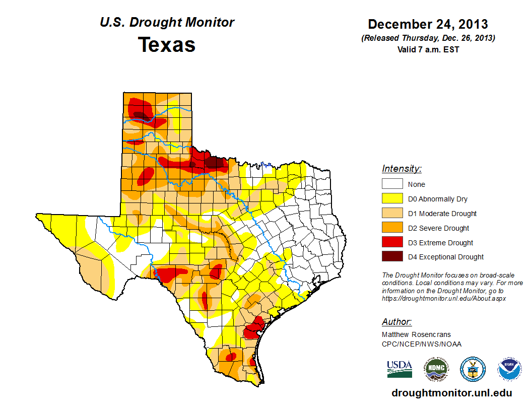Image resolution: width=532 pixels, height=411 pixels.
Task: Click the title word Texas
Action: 167,45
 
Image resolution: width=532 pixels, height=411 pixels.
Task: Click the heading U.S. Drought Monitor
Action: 167,23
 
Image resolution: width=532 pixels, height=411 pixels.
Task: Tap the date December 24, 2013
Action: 428,24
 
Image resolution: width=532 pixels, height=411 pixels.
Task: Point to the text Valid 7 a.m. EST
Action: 428,49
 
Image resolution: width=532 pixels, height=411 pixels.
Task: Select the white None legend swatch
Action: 392,184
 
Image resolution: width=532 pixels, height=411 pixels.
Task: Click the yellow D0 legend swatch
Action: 392,199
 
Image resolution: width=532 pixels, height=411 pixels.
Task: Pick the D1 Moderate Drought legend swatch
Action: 392,214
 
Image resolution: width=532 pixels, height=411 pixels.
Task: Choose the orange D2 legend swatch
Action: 392,228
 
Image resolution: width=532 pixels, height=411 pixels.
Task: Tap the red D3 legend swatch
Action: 392,243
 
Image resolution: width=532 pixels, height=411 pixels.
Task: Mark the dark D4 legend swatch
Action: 392,257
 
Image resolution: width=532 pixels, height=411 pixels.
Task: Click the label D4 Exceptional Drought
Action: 446,257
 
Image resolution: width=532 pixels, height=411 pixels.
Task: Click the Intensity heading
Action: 402,169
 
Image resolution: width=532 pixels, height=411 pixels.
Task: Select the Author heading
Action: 396,322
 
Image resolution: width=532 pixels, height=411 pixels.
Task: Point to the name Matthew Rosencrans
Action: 416,334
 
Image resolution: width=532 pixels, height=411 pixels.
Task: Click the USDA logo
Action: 400,369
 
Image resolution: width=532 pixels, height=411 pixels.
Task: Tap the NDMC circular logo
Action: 436,369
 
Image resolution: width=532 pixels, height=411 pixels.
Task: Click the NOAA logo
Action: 509,369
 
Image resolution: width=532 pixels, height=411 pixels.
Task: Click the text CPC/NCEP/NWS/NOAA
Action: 422,344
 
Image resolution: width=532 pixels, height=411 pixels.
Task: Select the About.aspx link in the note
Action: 444,298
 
